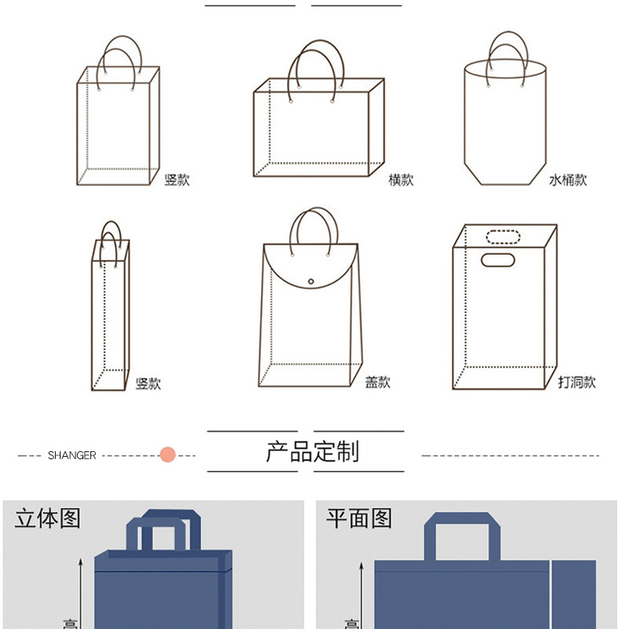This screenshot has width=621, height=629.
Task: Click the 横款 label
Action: tap(401, 180)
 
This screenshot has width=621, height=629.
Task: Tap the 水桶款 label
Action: tap(568, 180)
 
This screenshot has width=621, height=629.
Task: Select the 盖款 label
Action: tap(377, 383)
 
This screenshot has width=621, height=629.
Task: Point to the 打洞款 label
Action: tap(578, 383)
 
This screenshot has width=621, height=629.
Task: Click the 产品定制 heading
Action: tap(312, 452)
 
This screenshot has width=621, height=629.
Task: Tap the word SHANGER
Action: tap(72, 455)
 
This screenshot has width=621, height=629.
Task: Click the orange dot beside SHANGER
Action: tap(167, 454)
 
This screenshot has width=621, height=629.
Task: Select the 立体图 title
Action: tap(48, 519)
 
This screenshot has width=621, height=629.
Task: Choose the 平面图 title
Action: tap(359, 519)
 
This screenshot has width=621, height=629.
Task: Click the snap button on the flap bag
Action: tap(310, 281)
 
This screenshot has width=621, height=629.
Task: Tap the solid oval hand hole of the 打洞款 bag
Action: tap(497, 259)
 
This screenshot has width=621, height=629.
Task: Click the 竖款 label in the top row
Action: tap(177, 180)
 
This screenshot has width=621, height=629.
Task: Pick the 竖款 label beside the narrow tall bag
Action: tap(148, 384)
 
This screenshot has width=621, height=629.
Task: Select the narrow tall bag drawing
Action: tap(110, 314)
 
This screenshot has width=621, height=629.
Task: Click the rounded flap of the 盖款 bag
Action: tap(310, 263)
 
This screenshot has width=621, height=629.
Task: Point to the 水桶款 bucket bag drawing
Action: tap(504, 126)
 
